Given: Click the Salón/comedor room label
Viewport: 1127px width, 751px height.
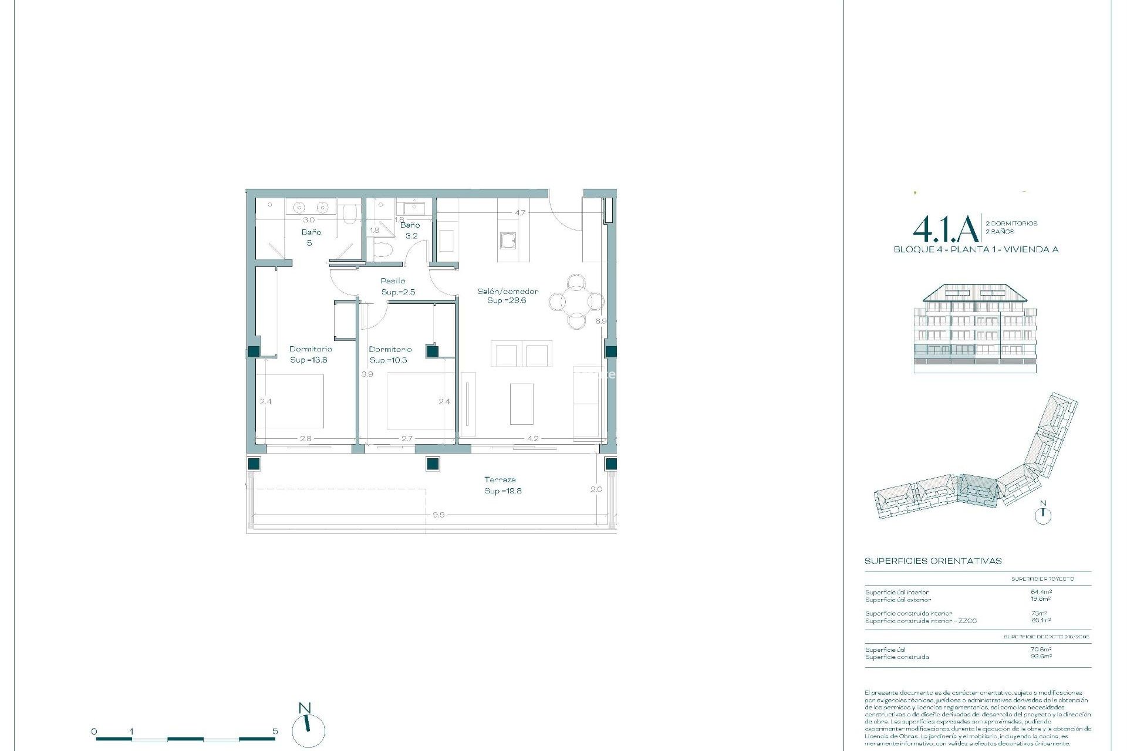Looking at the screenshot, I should pos(507,292).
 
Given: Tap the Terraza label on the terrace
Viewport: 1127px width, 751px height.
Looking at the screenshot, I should pos(500,480).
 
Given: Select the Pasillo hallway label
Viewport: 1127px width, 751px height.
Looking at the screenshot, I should pos(393,281).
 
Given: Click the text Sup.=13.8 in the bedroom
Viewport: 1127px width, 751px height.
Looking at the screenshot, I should pos(309,360).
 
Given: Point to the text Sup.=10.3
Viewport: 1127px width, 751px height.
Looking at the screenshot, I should pos(388,360).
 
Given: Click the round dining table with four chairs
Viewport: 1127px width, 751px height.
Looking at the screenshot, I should pos(576,302).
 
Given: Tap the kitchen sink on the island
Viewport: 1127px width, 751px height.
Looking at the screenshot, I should pos(508,241).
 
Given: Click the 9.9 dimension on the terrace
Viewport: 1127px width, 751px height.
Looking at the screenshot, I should pos(438,515).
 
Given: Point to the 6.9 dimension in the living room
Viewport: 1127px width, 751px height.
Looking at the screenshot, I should pos(600,321).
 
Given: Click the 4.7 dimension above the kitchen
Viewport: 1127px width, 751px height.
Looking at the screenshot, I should pos(520,213).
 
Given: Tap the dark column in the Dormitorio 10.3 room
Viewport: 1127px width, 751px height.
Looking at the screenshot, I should pos(433,351).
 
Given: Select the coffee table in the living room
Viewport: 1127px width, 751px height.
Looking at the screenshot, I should pos(521,404).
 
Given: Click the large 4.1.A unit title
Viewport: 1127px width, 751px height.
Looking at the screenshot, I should pos(946,229).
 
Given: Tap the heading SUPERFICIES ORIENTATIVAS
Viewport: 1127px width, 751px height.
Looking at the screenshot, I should pos(933,561).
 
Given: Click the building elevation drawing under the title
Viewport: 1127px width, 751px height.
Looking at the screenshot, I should pos(975,329).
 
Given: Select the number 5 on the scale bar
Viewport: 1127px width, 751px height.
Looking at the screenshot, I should pos(275,732).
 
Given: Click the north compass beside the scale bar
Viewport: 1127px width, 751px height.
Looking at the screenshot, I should pos(308,729).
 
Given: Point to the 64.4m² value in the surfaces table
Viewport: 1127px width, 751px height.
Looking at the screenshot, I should pos(1041,592).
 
